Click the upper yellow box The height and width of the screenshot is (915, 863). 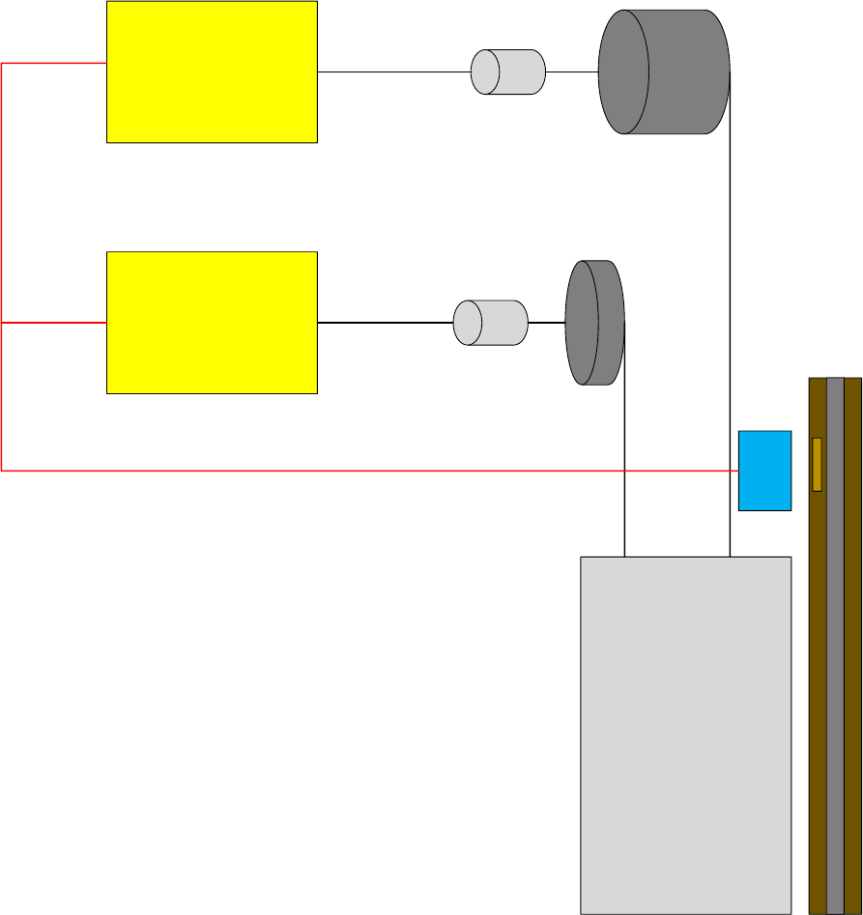pyautogui.click(x=212, y=71)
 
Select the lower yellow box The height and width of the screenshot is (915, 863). pyautogui.click(x=212, y=323)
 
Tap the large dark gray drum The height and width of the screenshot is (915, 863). pyautogui.click(x=664, y=71)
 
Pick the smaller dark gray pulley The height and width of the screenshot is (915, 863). pyautogui.click(x=594, y=323)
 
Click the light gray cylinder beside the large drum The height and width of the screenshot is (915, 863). pyautogui.click(x=508, y=71)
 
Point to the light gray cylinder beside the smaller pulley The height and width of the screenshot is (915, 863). pyautogui.click(x=491, y=323)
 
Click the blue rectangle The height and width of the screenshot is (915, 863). pyautogui.click(x=764, y=471)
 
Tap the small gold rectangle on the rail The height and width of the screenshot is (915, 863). pyautogui.click(x=817, y=464)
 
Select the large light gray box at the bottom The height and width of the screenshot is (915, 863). pyautogui.click(x=685, y=734)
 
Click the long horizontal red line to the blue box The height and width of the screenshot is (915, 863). pyautogui.click(x=367, y=471)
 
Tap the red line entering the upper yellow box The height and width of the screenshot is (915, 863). pyautogui.click(x=53, y=63)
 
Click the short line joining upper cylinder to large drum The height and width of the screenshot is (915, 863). pyautogui.click(x=572, y=71)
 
